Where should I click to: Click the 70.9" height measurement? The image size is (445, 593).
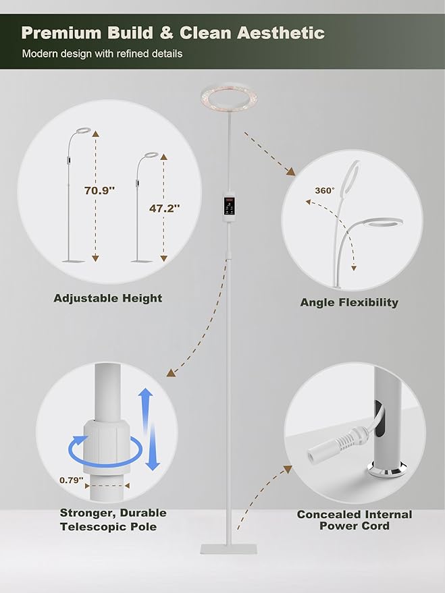tap(99, 190)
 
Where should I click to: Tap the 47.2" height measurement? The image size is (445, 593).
tap(164, 208)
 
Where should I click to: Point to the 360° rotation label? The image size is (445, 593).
tap(325, 190)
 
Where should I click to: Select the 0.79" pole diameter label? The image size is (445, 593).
tap(71, 480)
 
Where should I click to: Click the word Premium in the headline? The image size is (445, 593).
tap(61, 33)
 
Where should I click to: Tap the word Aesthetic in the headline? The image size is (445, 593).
tap(280, 33)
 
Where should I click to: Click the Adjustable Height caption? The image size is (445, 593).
tap(108, 298)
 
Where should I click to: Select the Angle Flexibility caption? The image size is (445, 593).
tap(349, 302)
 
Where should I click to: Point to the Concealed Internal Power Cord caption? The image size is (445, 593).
tap(355, 520)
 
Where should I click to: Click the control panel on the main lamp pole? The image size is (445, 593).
tap(229, 207)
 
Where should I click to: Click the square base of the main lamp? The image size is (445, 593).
tap(228, 549)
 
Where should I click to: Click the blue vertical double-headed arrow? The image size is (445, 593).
tap(149, 429)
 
